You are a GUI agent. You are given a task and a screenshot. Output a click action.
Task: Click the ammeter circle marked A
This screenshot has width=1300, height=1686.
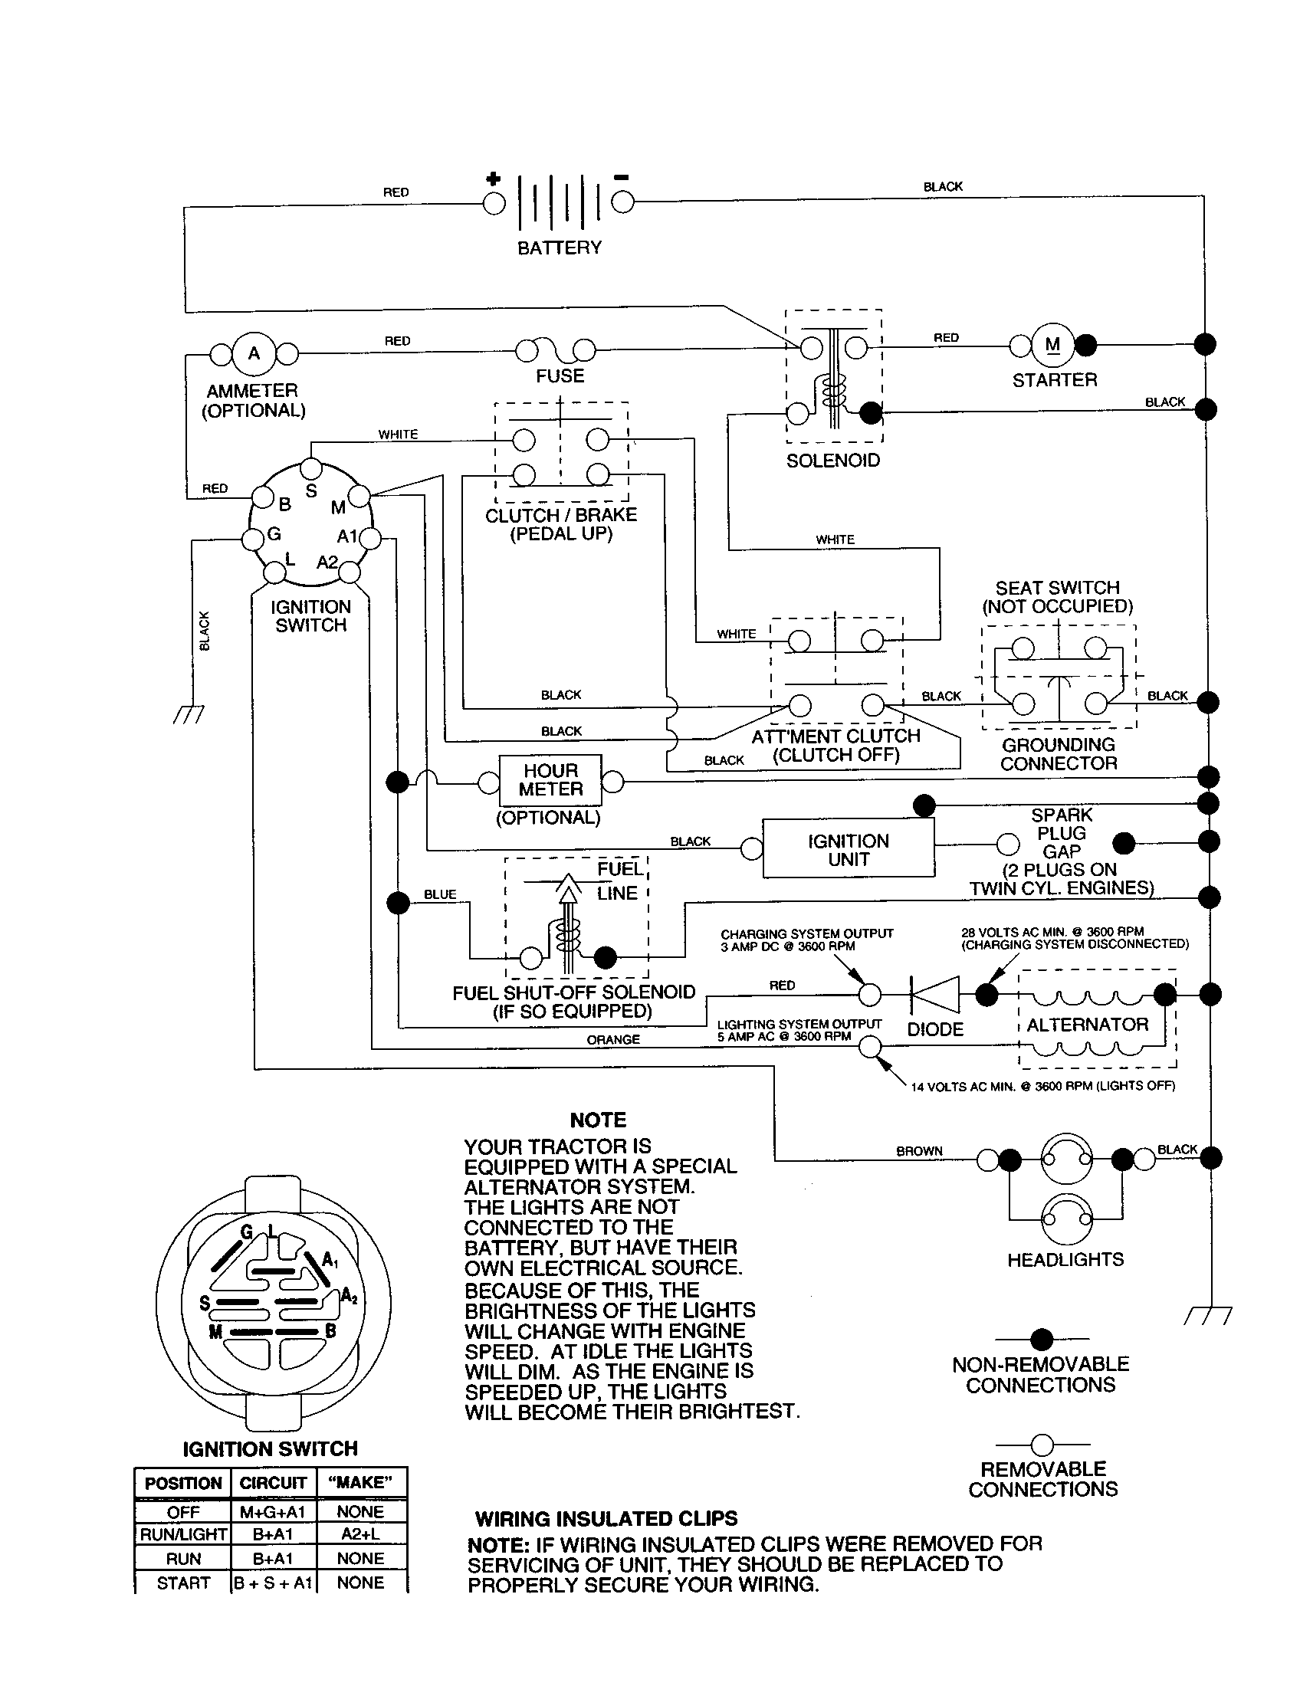(x=253, y=353)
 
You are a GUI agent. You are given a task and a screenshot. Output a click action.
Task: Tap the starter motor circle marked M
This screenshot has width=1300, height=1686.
(x=1052, y=345)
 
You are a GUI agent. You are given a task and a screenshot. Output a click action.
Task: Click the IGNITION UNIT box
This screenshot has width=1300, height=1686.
(x=848, y=850)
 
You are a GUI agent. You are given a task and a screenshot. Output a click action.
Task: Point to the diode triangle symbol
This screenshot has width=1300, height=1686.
(x=936, y=994)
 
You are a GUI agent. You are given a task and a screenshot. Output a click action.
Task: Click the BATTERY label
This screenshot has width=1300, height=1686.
(x=559, y=248)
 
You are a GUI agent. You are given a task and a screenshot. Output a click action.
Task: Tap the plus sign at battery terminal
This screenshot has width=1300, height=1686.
(x=493, y=179)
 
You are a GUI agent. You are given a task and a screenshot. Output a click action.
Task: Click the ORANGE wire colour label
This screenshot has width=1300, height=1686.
(x=613, y=1039)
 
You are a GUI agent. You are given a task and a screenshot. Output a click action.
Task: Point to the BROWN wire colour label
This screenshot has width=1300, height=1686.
(x=918, y=1150)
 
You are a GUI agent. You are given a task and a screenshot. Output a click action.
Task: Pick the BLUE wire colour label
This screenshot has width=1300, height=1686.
(x=440, y=894)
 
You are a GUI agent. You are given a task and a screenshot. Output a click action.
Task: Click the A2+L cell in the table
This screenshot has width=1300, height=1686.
(x=360, y=1534)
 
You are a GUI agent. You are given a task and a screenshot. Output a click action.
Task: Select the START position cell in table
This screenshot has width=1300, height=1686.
(x=183, y=1583)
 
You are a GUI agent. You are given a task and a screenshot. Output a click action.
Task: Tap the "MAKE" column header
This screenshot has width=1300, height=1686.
(x=360, y=1482)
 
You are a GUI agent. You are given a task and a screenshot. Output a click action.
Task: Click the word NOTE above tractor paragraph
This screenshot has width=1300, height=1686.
(x=598, y=1120)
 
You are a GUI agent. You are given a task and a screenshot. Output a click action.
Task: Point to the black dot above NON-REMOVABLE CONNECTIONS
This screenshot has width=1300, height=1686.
(x=1042, y=1339)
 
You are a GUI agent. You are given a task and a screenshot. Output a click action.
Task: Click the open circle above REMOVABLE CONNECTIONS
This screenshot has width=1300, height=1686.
(x=1042, y=1444)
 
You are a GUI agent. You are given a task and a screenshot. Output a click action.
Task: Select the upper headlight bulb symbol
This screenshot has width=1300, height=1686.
(x=1067, y=1158)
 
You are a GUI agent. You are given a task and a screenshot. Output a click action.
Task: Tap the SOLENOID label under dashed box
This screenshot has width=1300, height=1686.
(x=833, y=460)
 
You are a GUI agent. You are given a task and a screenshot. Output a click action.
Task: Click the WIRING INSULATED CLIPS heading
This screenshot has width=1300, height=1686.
(x=606, y=1518)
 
